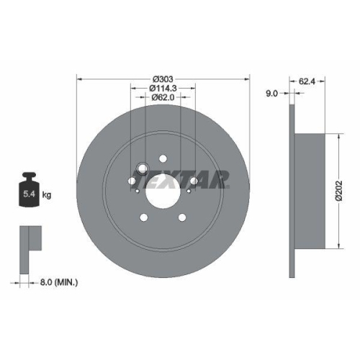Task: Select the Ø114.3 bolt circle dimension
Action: (163, 89)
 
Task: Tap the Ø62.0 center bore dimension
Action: (163, 98)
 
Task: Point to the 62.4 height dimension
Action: (307, 82)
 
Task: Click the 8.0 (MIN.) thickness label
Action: (60, 283)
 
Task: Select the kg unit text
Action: (46, 194)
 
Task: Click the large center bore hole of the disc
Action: (163, 192)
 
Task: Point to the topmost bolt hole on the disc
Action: (163, 158)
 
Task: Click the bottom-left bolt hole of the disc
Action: (143, 217)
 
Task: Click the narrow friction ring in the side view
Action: (292, 191)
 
